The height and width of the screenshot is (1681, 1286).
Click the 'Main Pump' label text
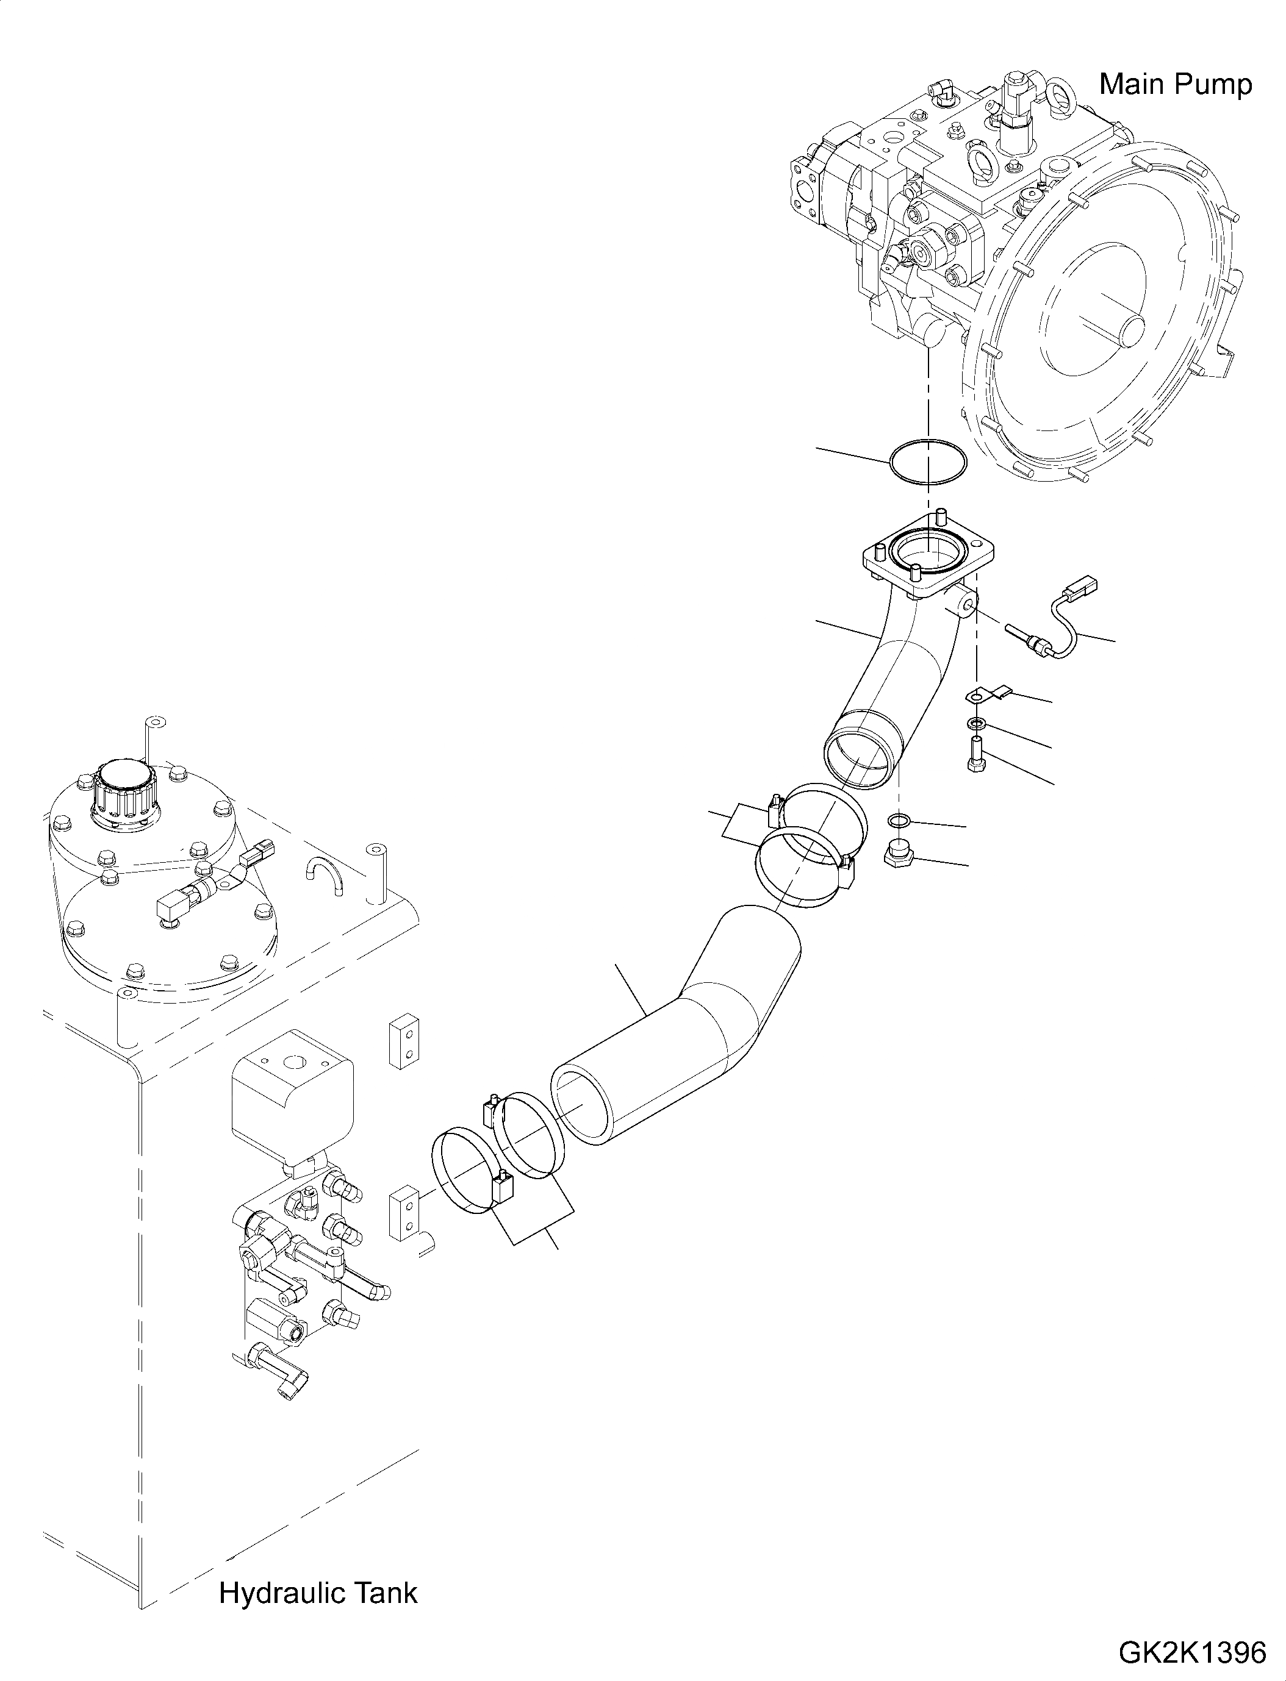(x=1176, y=84)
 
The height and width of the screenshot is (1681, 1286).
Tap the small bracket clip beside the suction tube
(x=988, y=696)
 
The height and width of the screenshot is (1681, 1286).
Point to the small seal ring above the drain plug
(x=899, y=821)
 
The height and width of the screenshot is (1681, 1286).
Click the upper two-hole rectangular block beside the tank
(x=404, y=1041)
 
